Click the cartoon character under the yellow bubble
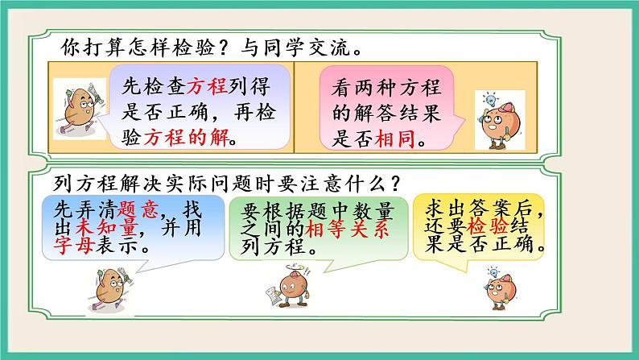pyautogui.click(x=491, y=289)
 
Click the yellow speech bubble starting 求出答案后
pyautogui.click(x=483, y=228)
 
